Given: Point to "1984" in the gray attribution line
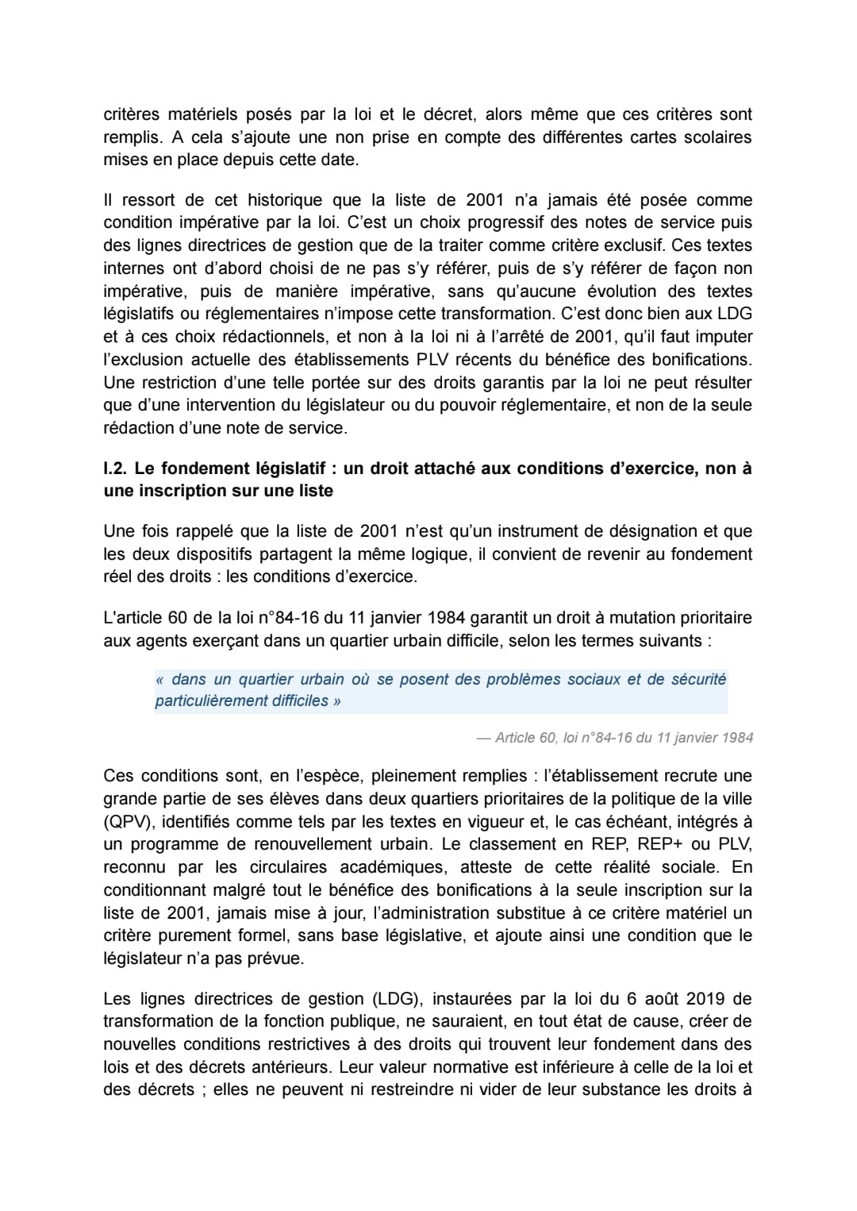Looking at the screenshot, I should [737, 738].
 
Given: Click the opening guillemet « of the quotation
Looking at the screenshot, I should [160, 680].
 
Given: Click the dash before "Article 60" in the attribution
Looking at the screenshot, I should [483, 738].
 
